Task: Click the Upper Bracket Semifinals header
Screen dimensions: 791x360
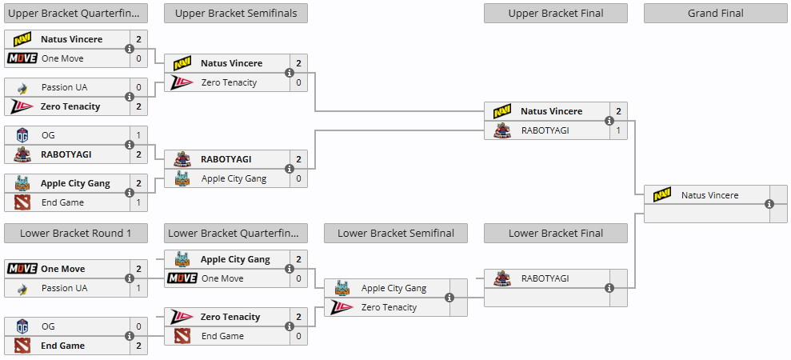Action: (x=236, y=13)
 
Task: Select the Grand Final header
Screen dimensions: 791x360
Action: (x=715, y=13)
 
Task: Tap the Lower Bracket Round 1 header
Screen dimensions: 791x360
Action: (x=76, y=234)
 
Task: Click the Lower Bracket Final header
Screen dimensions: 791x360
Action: (x=555, y=234)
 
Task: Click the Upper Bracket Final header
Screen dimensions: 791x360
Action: (x=555, y=13)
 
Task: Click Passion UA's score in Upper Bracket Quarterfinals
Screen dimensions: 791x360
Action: (x=138, y=87)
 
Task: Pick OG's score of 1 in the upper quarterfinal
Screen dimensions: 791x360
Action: (x=138, y=135)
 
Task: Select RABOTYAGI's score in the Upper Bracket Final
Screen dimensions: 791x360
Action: (x=618, y=130)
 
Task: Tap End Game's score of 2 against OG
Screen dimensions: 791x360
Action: (x=138, y=346)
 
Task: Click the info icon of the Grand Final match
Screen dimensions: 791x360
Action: (x=769, y=204)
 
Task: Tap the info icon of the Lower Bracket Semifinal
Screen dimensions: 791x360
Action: (x=449, y=298)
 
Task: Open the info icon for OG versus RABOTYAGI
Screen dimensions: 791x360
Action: (x=130, y=145)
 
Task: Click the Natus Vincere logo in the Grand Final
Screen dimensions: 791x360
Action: (x=662, y=195)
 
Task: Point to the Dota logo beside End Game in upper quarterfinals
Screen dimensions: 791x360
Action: (x=22, y=202)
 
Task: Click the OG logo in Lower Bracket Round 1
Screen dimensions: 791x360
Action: (x=22, y=326)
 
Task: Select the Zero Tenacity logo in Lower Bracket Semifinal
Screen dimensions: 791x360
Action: (x=342, y=307)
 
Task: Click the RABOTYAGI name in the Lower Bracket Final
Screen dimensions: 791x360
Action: (x=545, y=278)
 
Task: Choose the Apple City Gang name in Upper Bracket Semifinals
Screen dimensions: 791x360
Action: (x=234, y=178)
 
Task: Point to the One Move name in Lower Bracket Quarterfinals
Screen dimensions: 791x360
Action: (x=222, y=278)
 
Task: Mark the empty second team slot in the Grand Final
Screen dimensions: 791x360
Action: (x=707, y=214)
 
